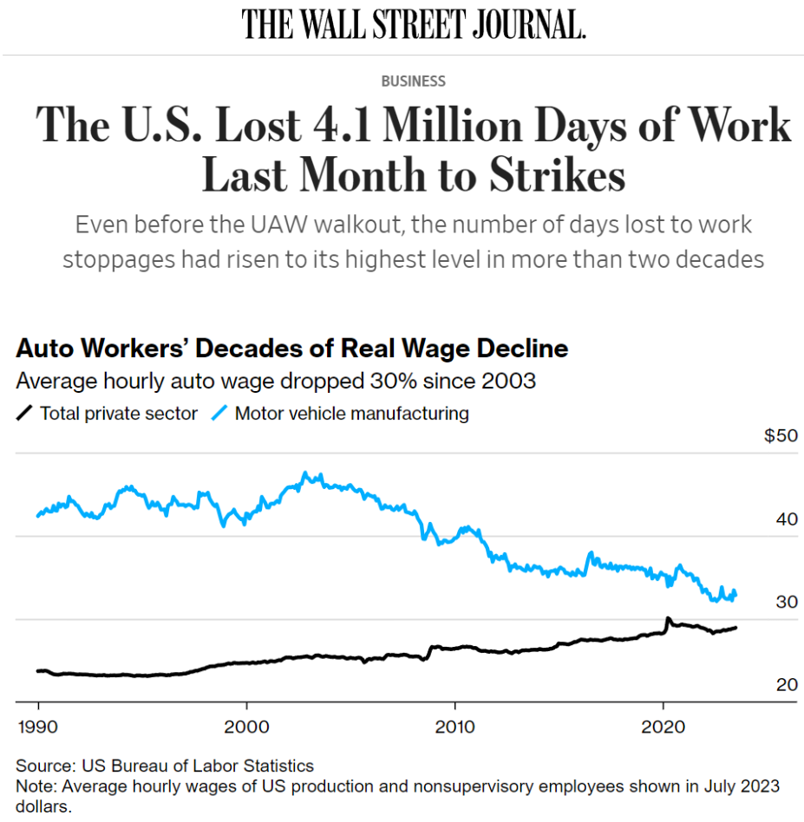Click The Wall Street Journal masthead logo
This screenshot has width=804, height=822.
click(414, 23)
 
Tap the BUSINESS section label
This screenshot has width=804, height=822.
click(414, 82)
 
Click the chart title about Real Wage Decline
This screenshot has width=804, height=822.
click(292, 349)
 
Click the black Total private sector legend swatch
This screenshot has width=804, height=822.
click(25, 414)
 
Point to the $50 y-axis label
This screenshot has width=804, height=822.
click(780, 436)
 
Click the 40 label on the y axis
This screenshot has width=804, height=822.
click(786, 519)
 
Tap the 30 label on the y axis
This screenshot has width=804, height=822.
click(786, 602)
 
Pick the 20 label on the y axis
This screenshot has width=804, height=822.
click(786, 685)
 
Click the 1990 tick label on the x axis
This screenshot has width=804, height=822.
click(38, 724)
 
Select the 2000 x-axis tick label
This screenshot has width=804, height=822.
click(246, 724)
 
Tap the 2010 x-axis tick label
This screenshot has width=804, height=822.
click(454, 724)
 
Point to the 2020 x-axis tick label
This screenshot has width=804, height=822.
click(663, 724)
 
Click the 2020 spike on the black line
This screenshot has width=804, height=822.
click(667, 619)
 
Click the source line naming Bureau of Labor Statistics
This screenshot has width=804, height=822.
click(165, 766)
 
